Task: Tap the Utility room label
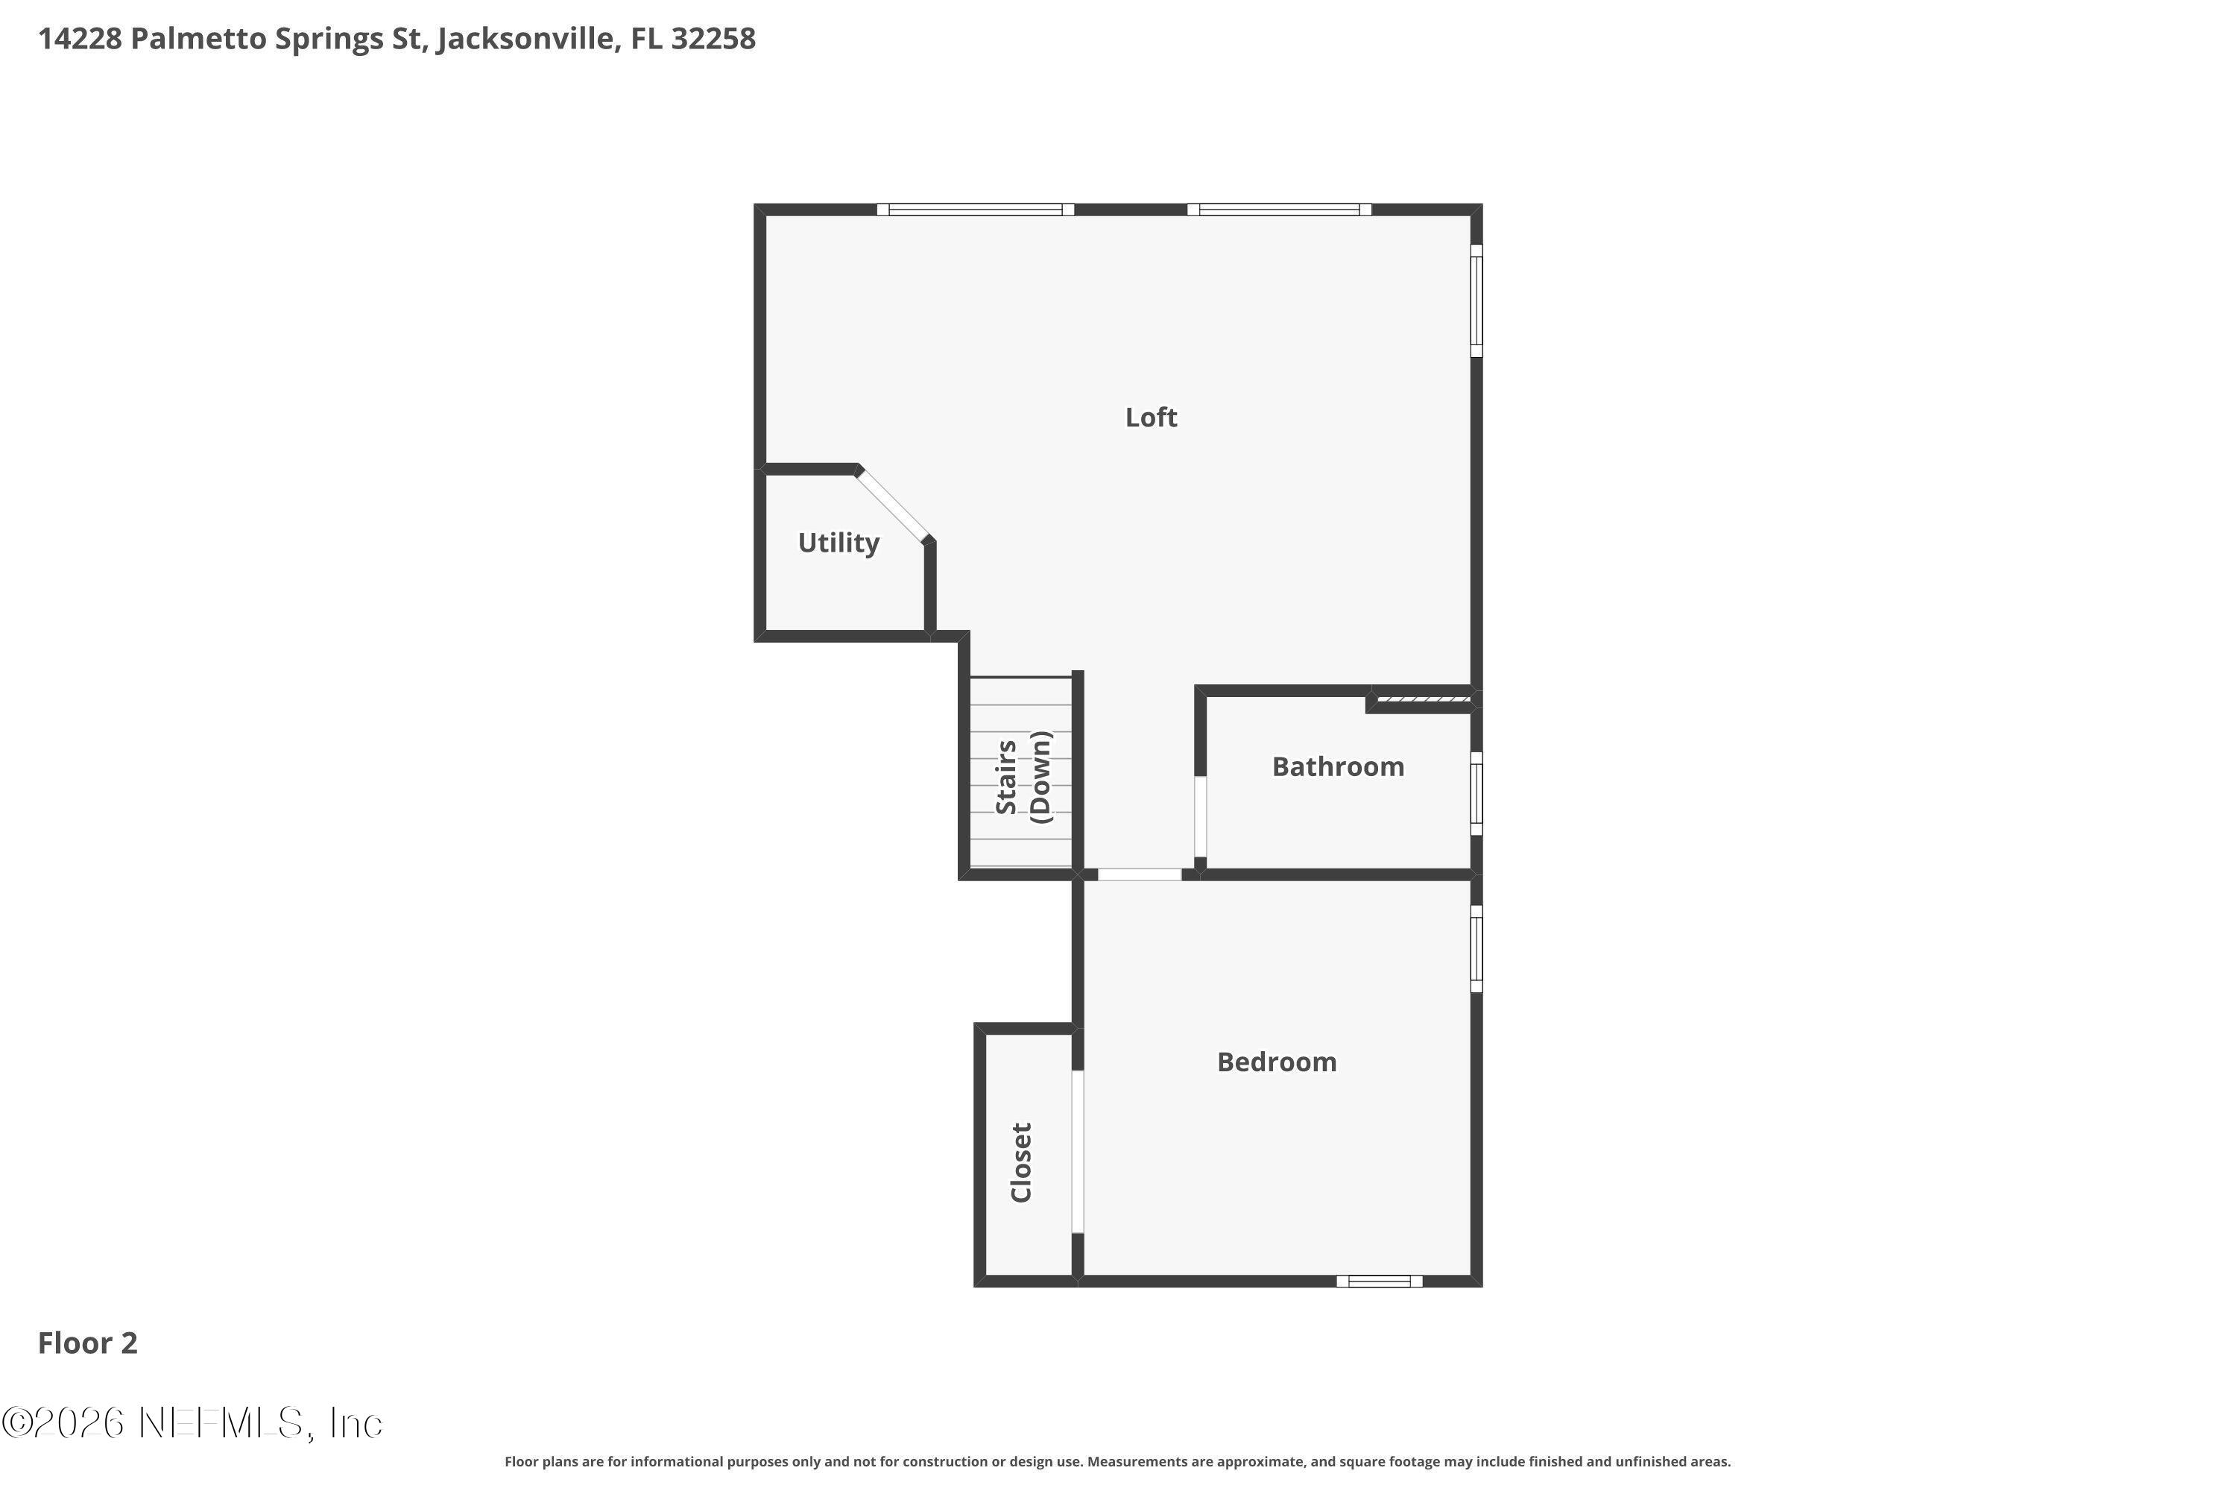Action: (838, 543)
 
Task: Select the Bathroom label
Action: (1338, 766)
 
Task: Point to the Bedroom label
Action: (1277, 1062)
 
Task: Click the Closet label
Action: (1021, 1162)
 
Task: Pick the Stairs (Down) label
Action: (1023, 777)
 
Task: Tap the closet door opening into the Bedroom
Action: (1077, 1152)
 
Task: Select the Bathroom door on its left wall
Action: (1201, 817)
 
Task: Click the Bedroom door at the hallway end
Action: (1140, 874)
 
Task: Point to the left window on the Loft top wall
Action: (976, 209)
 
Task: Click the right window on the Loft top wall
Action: (1279, 209)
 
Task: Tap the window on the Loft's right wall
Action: (1477, 300)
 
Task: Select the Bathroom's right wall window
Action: (1477, 794)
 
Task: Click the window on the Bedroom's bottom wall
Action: (1380, 1281)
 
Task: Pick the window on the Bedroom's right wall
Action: (1477, 948)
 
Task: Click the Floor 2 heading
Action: (87, 1343)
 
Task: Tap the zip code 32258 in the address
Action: (713, 39)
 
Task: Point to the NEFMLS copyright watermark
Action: (192, 1422)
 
